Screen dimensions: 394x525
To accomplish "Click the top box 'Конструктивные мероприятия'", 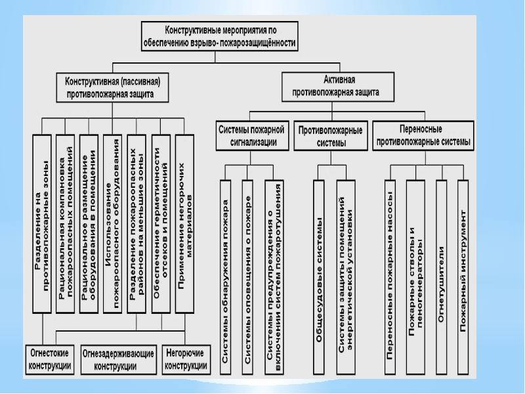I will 220,35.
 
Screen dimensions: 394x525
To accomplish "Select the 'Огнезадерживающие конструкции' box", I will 119,359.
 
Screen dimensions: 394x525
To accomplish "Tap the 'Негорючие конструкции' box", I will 186,359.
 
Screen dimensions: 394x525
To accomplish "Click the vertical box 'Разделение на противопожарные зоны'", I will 42,223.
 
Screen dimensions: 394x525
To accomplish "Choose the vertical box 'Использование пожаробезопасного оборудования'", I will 113,223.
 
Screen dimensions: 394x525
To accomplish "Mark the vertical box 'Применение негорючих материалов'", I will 185,223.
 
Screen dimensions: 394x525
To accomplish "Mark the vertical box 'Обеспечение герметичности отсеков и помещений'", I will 161,223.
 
